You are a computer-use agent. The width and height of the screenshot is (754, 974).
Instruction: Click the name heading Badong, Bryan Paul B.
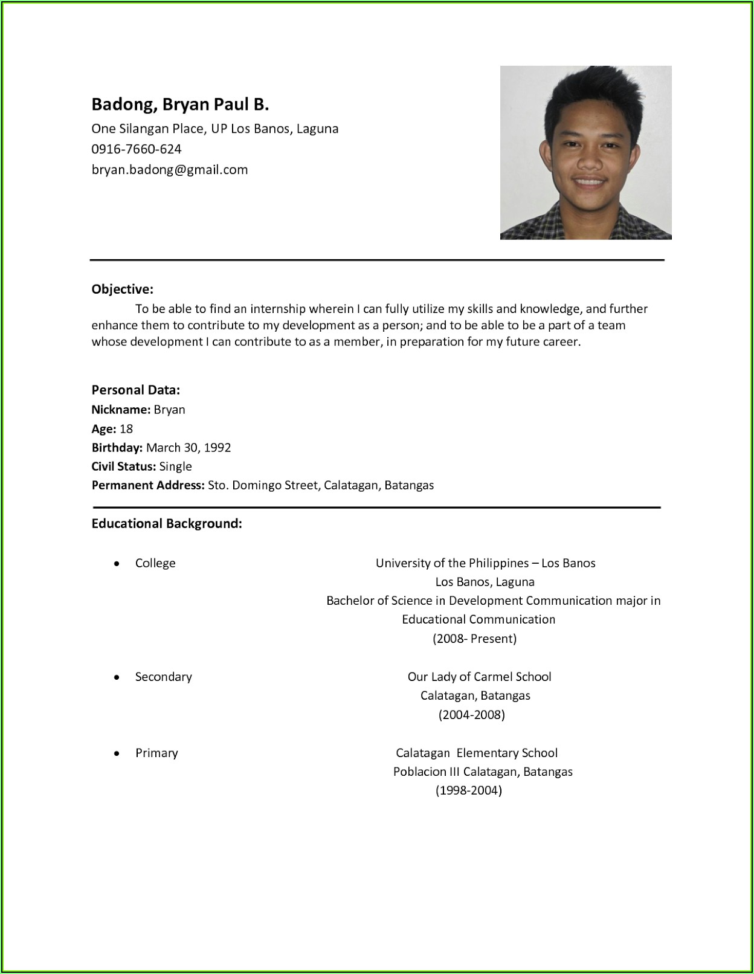coord(180,105)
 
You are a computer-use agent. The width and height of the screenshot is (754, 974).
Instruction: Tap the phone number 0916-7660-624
coord(137,149)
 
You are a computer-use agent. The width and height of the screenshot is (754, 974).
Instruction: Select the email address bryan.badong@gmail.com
coord(170,169)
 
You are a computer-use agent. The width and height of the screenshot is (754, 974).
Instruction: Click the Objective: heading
coord(122,289)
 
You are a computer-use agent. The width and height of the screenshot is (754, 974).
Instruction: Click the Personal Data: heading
coord(135,390)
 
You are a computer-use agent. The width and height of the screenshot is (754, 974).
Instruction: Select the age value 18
coord(126,428)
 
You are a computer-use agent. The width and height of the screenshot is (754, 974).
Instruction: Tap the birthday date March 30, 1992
coord(188,447)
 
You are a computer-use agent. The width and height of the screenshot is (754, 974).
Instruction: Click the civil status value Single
coord(175,466)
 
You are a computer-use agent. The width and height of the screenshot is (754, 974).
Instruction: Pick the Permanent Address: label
coord(148,485)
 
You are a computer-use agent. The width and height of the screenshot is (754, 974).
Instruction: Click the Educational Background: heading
coord(167,523)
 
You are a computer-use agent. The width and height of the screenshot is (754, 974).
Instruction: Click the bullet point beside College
coord(117,563)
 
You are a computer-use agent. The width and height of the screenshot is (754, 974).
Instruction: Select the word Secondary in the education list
coord(163,676)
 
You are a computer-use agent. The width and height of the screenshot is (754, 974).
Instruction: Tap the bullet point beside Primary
coord(117,753)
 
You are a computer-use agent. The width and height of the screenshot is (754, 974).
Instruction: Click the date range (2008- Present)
coord(474,638)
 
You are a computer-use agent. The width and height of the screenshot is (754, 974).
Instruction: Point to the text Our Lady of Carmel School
coord(479,676)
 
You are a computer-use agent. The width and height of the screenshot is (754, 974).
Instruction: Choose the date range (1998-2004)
coord(468,790)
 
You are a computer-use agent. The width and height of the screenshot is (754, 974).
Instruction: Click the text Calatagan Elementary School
coord(476,753)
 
